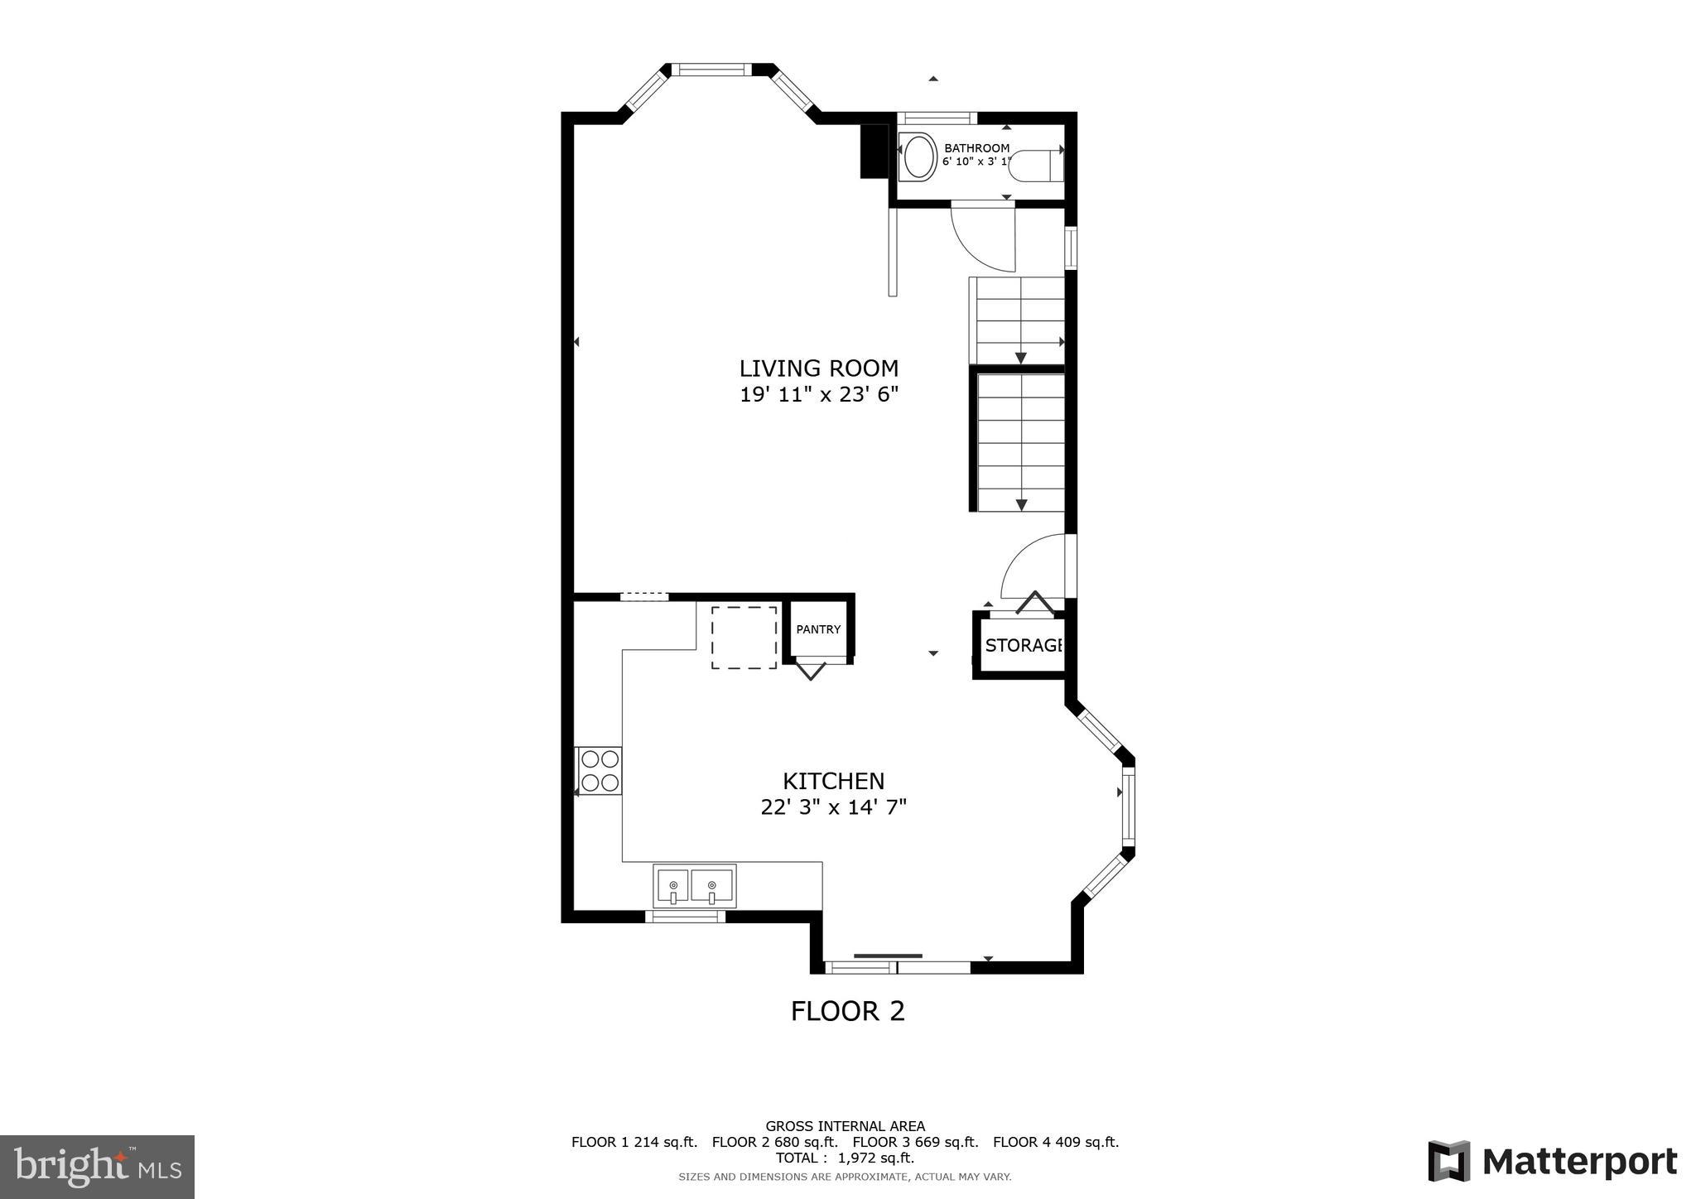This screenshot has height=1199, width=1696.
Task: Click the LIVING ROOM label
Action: click(818, 368)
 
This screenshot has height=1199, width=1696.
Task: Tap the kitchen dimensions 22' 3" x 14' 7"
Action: click(833, 807)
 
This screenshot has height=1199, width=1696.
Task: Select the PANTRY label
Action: click(818, 629)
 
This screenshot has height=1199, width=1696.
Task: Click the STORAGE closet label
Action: click(1024, 646)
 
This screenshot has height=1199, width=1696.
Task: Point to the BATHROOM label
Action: click(976, 148)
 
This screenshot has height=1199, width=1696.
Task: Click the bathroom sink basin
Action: click(918, 157)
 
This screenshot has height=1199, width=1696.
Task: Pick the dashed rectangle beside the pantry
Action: click(744, 638)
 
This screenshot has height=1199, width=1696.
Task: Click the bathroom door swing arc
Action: click(984, 238)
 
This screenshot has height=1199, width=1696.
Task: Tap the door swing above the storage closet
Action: click(1035, 567)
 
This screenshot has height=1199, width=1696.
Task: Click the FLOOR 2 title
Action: click(847, 1011)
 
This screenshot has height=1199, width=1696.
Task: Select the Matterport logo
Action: click(1552, 1162)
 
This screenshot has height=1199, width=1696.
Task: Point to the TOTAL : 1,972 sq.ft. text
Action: click(845, 1158)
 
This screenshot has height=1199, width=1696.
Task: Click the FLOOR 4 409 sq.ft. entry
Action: click(1055, 1143)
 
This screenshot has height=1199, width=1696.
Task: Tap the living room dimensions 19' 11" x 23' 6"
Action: click(818, 395)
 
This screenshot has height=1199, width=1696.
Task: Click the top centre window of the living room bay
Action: click(711, 70)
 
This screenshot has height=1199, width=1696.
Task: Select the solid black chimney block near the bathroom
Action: click(873, 151)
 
